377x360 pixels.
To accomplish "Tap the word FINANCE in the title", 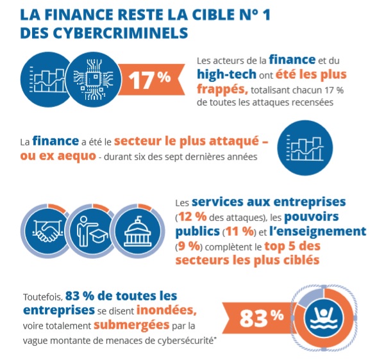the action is tap(79, 15).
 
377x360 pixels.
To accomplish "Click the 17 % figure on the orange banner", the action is tap(149, 79).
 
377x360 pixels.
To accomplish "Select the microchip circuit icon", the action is tap(93, 79).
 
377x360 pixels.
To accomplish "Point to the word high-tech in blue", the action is tap(226, 74).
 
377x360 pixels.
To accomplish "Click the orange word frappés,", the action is tap(222, 89).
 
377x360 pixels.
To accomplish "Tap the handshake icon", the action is tap(47, 231).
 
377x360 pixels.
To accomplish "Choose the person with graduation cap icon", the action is tap(92, 231).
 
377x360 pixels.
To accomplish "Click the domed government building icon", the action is tap(138, 231).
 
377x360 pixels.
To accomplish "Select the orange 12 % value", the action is tap(193, 217).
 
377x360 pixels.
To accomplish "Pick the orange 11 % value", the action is tap(240, 231).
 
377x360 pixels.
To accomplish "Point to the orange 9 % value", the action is tap(189, 246).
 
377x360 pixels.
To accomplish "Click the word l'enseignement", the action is tap(317, 231).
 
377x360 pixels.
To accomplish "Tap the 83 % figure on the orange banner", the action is tap(262, 318).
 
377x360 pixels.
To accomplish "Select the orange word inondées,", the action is tap(167, 310).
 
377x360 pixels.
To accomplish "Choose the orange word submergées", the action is tap(131, 325).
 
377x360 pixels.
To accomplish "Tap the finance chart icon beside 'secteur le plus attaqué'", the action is tap(305, 148).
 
